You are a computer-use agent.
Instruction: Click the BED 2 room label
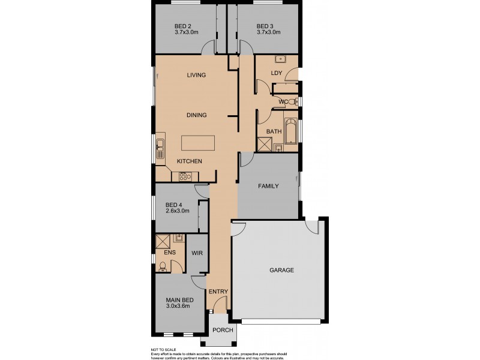tap(182, 26)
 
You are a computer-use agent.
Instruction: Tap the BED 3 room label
tap(265, 26)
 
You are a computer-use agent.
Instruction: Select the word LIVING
tap(196, 75)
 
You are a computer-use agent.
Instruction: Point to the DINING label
tap(196, 115)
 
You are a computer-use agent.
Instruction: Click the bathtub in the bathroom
tap(292, 131)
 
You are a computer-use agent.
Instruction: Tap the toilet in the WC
tap(292, 103)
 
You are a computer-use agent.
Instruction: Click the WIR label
tap(197, 254)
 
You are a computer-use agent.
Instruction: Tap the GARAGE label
tap(281, 270)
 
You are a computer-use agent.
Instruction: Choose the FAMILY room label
tap(268, 186)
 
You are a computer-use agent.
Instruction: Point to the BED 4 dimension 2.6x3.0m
tap(177, 211)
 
